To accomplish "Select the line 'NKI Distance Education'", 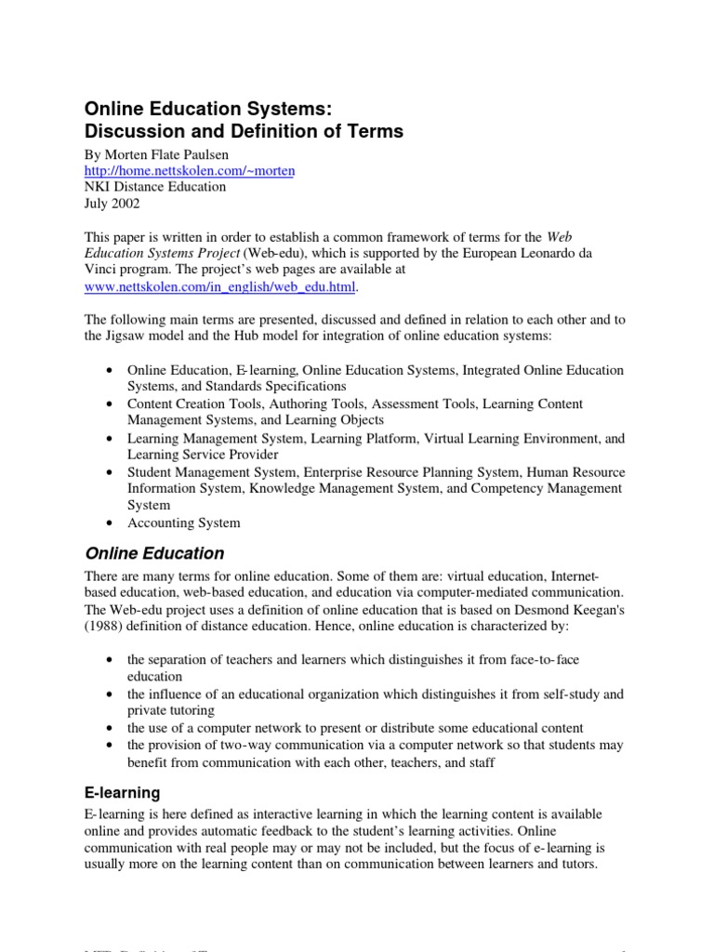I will [154, 186].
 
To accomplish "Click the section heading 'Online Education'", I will [154, 553].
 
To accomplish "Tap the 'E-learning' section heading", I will [122, 793].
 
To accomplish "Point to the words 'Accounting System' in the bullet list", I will [183, 522].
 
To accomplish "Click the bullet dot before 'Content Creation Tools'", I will [111, 403].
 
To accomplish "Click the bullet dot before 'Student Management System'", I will [111, 472].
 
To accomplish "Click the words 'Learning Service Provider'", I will [203, 455].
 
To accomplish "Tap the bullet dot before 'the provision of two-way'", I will [111, 745].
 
